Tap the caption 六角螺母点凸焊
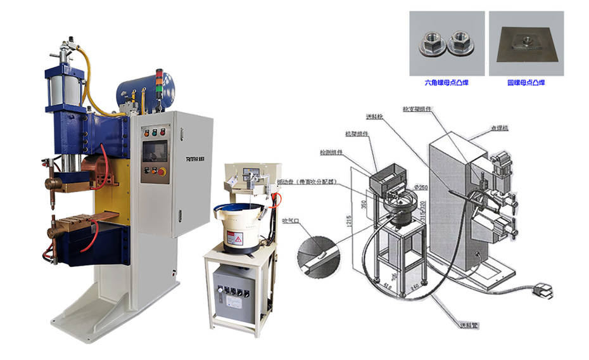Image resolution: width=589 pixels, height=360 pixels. click(446, 83)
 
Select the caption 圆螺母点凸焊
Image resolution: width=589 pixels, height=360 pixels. click(526, 83)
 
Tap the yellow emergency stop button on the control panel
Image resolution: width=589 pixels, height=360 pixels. click(162, 171)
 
